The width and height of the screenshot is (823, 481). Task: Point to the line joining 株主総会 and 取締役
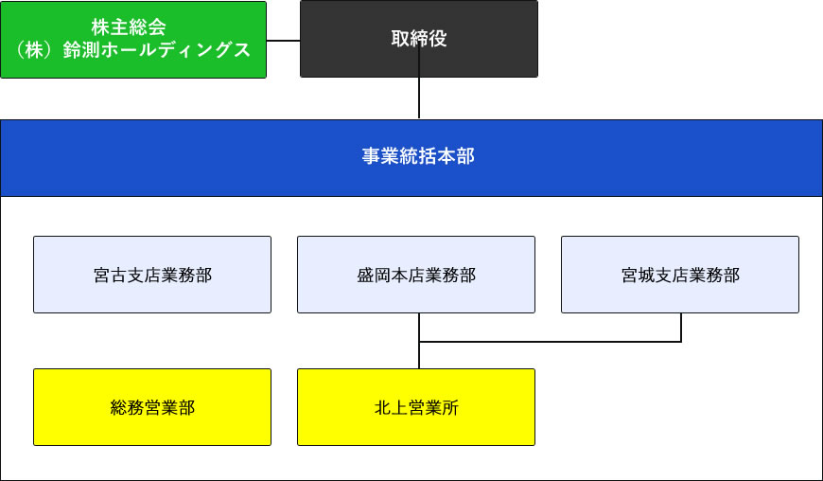click(283, 41)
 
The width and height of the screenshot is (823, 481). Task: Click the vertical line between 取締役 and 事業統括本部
click(419, 98)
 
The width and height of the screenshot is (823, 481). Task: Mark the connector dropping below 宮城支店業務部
click(681, 327)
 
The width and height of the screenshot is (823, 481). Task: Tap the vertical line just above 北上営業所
click(419, 355)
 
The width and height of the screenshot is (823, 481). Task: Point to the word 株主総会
click(133, 28)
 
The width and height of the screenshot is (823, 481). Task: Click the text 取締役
click(419, 39)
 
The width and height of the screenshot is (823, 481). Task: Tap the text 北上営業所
click(416, 408)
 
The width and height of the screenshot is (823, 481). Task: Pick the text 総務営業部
click(151, 408)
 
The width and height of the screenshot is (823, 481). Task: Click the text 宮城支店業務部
click(679, 276)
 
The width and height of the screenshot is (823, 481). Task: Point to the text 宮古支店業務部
click(151, 276)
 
